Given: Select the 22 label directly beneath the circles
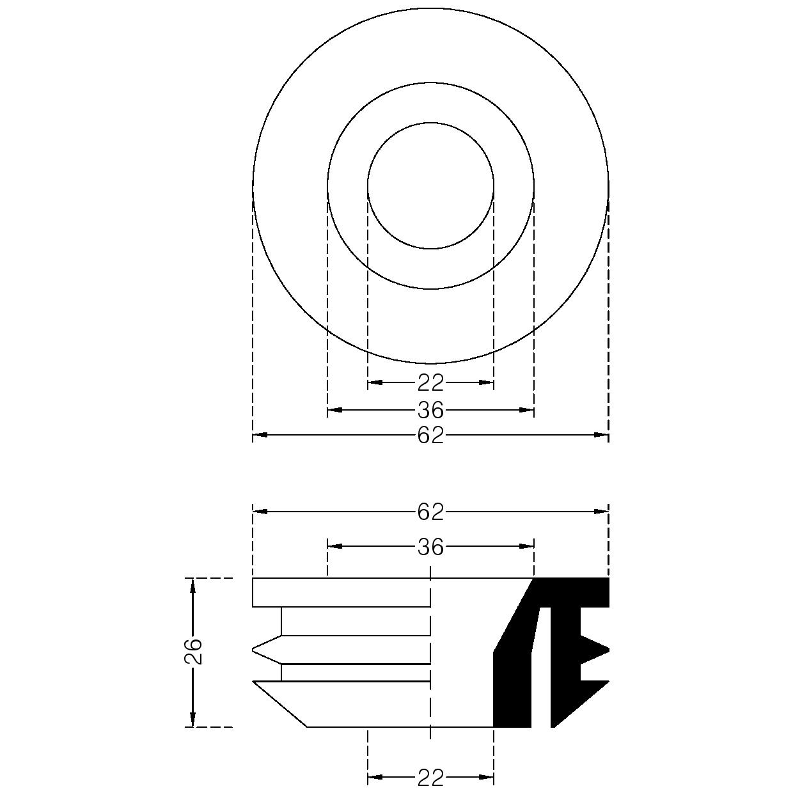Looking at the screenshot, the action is click(x=430, y=383).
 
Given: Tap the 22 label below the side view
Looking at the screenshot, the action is click(x=430, y=778).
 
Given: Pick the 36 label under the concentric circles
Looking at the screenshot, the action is click(x=430, y=411).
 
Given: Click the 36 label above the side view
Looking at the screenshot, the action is click(x=430, y=547).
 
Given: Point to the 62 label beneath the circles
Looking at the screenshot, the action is click(x=430, y=435).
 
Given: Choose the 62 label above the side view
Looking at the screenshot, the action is click(x=430, y=512).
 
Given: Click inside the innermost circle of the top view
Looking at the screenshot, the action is click(x=430, y=185).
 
